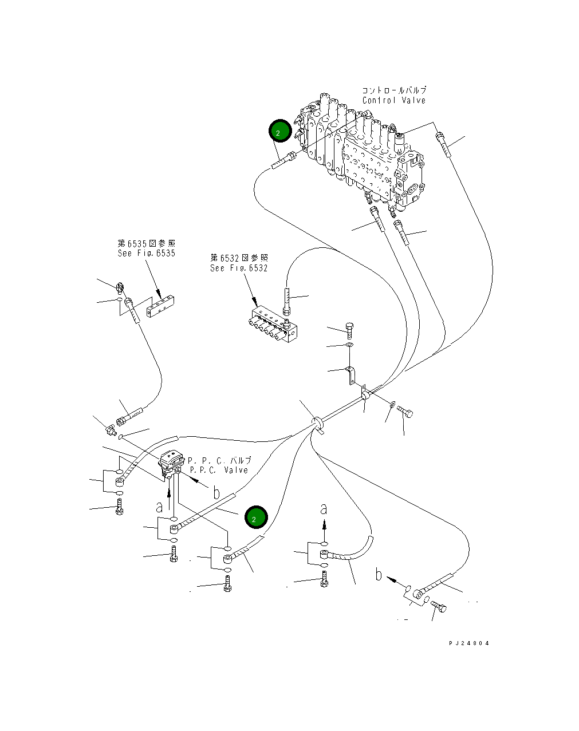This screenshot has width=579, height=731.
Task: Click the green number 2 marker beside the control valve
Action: tap(280, 131)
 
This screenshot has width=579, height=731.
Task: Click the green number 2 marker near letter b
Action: tap(256, 517)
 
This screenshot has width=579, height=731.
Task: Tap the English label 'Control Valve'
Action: tap(394, 100)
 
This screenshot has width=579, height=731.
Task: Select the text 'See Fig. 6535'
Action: tap(147, 253)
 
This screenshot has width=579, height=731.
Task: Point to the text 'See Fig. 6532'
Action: tap(239, 268)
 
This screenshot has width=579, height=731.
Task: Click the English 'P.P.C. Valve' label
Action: tap(219, 470)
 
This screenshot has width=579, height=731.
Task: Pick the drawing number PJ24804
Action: tap(469, 643)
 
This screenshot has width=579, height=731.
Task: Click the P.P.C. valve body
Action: tap(171, 463)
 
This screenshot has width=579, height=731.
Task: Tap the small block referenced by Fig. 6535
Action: tap(160, 306)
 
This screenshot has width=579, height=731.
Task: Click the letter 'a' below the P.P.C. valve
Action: tap(159, 508)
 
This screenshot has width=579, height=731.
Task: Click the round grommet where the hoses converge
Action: tap(317, 423)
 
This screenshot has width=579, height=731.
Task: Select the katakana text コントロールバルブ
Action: tap(394, 90)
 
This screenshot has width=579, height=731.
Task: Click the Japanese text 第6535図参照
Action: tap(147, 243)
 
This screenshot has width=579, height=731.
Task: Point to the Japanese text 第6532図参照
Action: tap(239, 258)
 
